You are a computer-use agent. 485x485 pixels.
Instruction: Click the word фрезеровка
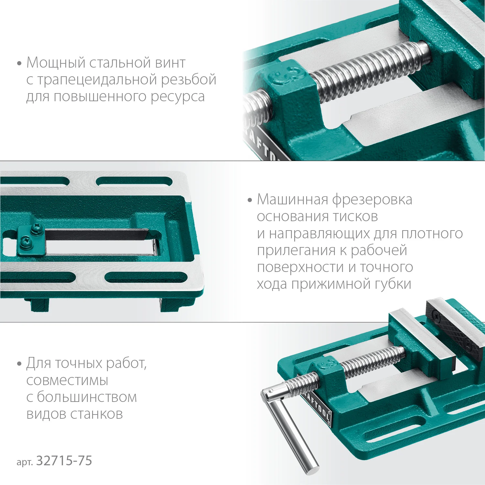tap(372, 199)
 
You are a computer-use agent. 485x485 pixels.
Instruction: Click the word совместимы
tap(67, 381)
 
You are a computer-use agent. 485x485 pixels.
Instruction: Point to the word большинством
tap(87, 397)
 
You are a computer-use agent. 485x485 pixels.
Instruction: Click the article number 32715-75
tap(64, 461)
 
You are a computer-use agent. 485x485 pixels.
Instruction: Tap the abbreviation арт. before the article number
tap(25, 462)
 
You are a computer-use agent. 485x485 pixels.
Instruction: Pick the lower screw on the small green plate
tap(25, 241)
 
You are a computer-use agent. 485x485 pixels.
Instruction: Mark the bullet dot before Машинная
tap(250, 200)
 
